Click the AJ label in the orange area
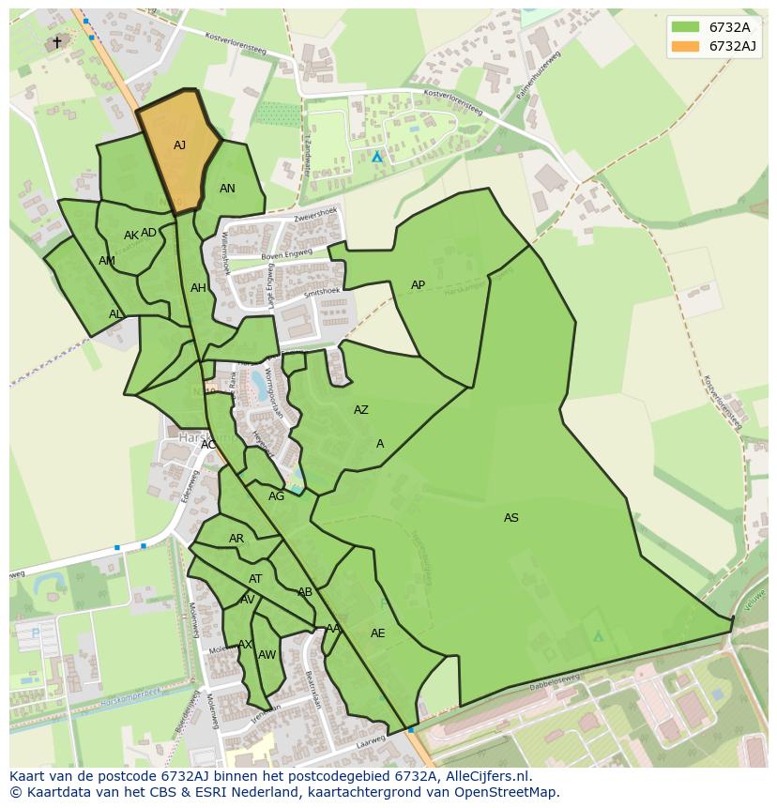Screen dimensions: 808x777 pyautogui.click(x=179, y=145)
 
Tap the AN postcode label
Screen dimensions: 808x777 pyautogui.click(x=227, y=189)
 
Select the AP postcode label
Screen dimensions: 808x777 pyautogui.click(x=418, y=285)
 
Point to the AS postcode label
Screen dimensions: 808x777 pyautogui.click(x=510, y=518)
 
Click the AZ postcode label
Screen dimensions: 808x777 pyautogui.click(x=360, y=410)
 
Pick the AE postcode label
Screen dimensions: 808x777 pyautogui.click(x=377, y=633)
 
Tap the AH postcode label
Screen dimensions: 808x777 pyautogui.click(x=198, y=288)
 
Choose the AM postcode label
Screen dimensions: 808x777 pyautogui.click(x=107, y=261)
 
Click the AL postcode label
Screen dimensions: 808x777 pyautogui.click(x=115, y=314)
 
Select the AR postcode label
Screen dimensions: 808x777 pyautogui.click(x=236, y=539)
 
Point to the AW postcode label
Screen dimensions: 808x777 pyautogui.click(x=267, y=655)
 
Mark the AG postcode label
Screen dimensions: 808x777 pyautogui.click(x=276, y=496)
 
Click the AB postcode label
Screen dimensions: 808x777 pyautogui.click(x=304, y=592)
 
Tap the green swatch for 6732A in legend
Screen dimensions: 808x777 pyautogui.click(x=686, y=26)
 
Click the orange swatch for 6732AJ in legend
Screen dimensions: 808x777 pyautogui.click(x=686, y=46)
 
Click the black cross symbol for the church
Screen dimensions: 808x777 pyautogui.click(x=56, y=42)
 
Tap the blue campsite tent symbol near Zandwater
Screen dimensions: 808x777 pyautogui.click(x=377, y=157)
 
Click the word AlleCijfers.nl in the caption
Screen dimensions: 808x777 pyautogui.click(x=487, y=776)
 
